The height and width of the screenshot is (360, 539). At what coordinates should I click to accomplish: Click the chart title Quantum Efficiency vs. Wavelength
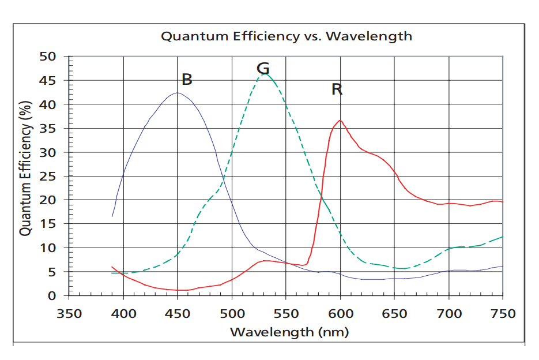[x=287, y=36]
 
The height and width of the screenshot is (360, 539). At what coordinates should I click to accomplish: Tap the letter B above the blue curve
[x=187, y=80]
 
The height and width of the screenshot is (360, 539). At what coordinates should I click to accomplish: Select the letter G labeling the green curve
[x=263, y=69]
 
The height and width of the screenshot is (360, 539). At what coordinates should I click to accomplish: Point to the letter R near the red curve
[x=337, y=89]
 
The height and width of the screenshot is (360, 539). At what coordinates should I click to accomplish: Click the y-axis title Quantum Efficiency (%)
[x=25, y=168]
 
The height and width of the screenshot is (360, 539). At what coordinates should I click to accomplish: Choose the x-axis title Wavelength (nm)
[x=289, y=332]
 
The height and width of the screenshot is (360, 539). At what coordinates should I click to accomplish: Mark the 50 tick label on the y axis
[x=48, y=57]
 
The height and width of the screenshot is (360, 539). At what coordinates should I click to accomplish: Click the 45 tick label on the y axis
[x=48, y=81]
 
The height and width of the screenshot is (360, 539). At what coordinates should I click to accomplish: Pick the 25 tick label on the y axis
[x=48, y=176]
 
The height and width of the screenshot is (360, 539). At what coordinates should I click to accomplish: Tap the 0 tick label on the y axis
[x=52, y=295]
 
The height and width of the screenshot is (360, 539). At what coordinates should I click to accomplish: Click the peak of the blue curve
[x=177, y=93]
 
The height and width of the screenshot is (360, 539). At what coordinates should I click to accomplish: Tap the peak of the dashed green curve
[x=265, y=74]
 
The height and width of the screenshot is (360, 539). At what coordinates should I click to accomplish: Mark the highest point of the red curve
[x=340, y=120]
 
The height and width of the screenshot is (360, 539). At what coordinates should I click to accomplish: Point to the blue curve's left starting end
[x=112, y=216]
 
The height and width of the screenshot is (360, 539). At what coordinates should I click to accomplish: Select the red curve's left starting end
[x=112, y=267]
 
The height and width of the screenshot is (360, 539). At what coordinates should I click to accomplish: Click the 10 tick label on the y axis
[x=48, y=247]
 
